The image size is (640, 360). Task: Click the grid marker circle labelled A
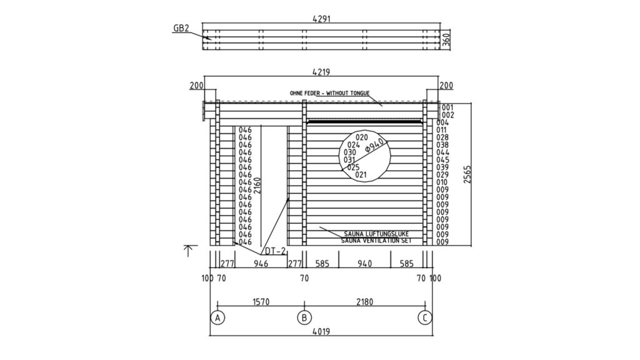(x=217, y=318)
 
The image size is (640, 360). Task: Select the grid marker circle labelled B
(x=304, y=318)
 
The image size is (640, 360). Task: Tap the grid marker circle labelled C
(x=424, y=318)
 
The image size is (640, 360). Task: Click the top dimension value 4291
(x=321, y=19)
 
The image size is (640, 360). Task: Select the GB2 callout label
(x=181, y=29)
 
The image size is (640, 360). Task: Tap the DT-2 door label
(x=276, y=251)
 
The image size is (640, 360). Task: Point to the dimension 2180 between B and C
(x=364, y=302)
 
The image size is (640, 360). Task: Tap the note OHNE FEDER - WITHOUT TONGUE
(x=329, y=93)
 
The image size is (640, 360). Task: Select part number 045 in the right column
(x=442, y=159)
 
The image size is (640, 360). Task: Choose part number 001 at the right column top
(x=447, y=107)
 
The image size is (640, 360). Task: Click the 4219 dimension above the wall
(x=321, y=72)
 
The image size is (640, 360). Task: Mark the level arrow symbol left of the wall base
(x=187, y=250)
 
